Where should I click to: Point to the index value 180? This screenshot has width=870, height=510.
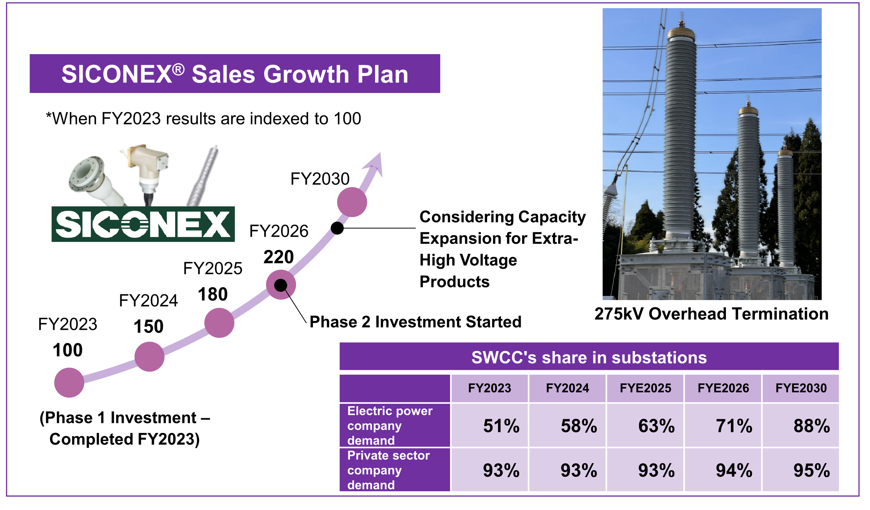[213, 295]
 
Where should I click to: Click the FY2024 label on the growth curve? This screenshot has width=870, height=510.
[148, 301]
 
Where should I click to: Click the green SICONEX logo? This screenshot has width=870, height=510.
[143, 224]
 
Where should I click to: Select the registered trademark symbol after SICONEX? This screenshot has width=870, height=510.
[179, 70]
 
